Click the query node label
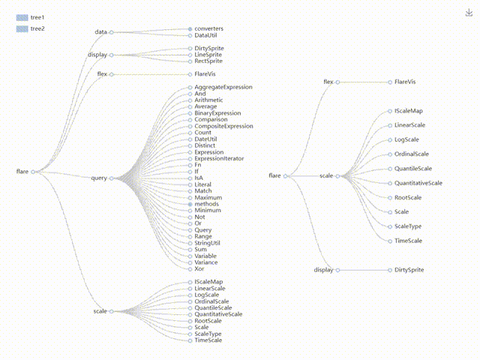tap(99, 178)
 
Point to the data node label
tap(101, 32)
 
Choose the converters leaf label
tap(208, 28)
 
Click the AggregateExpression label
tap(223, 87)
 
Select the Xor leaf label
tap(199, 268)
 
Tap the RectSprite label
tap(209, 61)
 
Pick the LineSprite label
tap(209, 55)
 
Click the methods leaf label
tap(206, 204)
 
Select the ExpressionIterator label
tap(219, 159)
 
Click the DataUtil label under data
tap(207, 35)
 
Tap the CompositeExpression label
tap(223, 126)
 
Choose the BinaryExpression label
tap(217, 113)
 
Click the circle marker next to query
tap(111, 178)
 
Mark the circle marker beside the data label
tap(111, 32)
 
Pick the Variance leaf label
tap(206, 262)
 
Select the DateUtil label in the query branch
tap(205, 139)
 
